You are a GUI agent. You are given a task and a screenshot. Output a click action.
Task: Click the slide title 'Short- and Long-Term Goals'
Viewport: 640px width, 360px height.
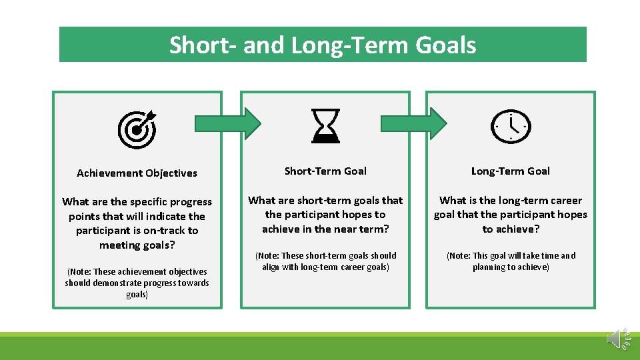pyautogui.click(x=323, y=45)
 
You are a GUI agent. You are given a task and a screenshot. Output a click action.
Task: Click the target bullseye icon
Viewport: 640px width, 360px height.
pyautogui.click(x=137, y=129)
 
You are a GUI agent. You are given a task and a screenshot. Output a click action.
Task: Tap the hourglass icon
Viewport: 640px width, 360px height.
pyautogui.click(x=326, y=126)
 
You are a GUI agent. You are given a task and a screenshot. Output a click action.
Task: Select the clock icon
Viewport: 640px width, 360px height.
pyautogui.click(x=511, y=125)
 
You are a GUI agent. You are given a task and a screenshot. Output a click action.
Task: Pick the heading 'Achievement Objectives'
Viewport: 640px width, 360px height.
pyautogui.click(x=137, y=173)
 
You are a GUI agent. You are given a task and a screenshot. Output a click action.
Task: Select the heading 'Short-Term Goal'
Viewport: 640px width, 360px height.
pyautogui.click(x=325, y=171)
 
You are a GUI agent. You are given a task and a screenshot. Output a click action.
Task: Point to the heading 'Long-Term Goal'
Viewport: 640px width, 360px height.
pyautogui.click(x=511, y=171)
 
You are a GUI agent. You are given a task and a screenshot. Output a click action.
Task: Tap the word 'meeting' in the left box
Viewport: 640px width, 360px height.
pyautogui.click(x=121, y=245)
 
